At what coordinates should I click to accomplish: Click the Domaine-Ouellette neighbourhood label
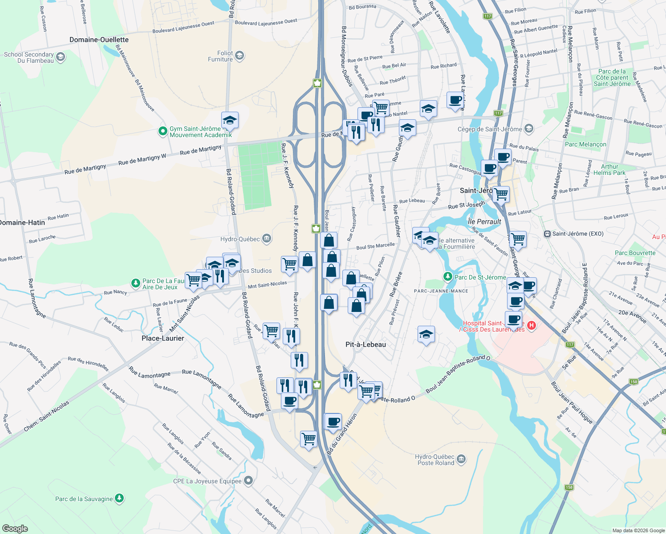pyautogui.click(x=99, y=40)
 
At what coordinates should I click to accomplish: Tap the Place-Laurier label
pyautogui.click(x=162, y=338)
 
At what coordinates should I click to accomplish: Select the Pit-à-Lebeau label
pyautogui.click(x=365, y=344)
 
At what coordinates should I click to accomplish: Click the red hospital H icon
pyautogui.click(x=531, y=326)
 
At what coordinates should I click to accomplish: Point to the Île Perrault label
pyautogui.click(x=484, y=222)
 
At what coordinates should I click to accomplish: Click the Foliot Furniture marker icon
pyautogui.click(x=240, y=56)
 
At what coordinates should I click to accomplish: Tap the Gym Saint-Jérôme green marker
pyautogui.click(x=162, y=132)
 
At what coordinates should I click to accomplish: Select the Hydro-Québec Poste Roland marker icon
pyautogui.click(x=461, y=459)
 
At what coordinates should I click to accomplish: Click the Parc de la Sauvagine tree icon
pyautogui.click(x=119, y=498)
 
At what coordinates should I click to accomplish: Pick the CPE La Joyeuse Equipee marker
pyautogui.click(x=248, y=481)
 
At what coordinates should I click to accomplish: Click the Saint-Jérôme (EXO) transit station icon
pyautogui.click(x=547, y=234)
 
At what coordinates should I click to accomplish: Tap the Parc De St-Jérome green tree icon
pyautogui.click(x=448, y=277)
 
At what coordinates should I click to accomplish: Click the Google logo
pyautogui.click(x=15, y=529)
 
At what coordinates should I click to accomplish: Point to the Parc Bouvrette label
pyautogui.click(x=635, y=253)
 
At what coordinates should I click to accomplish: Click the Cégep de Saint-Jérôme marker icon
pyautogui.click(x=528, y=129)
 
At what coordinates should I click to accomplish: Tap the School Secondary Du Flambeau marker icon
pyautogui.click(x=61, y=57)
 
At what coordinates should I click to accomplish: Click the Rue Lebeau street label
pyautogui.click(x=412, y=201)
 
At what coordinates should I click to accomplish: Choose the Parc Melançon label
pyautogui.click(x=585, y=144)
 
